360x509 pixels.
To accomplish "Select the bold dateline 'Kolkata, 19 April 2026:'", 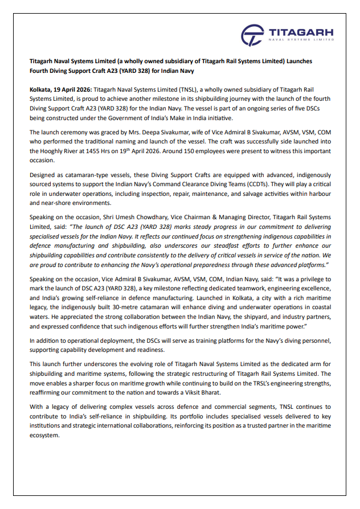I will click(60, 90).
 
